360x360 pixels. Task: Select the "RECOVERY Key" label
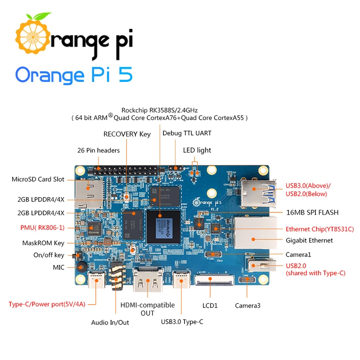click(127, 134)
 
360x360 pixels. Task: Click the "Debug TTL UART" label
click(187, 133)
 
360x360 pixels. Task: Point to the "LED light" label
click(197, 150)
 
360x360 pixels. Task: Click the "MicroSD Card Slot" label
click(38, 180)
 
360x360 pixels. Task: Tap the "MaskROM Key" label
click(43, 243)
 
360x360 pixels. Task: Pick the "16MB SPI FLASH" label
click(312, 212)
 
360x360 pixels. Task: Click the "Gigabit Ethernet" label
click(310, 240)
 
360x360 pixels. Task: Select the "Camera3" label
click(247, 306)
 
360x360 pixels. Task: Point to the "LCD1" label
click(210, 306)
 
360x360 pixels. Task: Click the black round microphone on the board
click(81, 267)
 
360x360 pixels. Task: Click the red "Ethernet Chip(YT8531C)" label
click(320, 229)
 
